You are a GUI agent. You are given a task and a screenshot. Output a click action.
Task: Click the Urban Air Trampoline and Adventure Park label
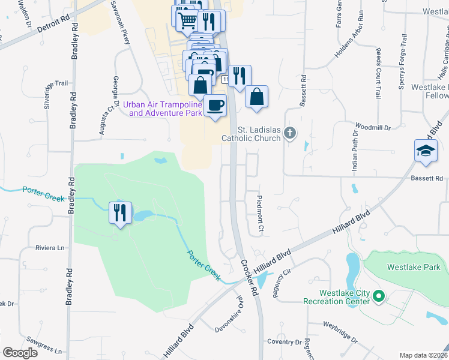click(163, 108)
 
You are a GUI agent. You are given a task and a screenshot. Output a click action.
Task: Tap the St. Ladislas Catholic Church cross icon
click(290, 133)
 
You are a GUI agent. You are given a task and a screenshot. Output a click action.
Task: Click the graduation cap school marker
click(426, 149)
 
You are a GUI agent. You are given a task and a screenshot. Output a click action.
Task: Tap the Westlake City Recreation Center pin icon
click(379, 296)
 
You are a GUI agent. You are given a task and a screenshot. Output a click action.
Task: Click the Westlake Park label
click(414, 267)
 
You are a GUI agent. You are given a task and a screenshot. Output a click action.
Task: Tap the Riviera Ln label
click(50, 248)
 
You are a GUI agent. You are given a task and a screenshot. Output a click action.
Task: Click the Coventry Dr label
click(285, 342)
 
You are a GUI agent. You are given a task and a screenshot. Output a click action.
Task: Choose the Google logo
click(20, 353)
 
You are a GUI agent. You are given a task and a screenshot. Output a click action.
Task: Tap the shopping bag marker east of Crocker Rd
click(256, 96)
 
